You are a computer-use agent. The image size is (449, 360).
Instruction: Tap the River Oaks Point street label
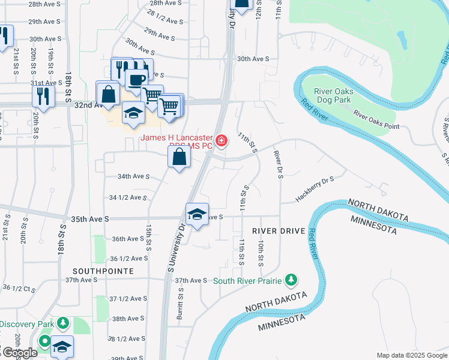coord(376,119)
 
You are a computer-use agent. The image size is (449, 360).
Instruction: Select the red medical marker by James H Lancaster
coord(221,141)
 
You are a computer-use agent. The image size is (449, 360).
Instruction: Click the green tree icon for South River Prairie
coord(291,280)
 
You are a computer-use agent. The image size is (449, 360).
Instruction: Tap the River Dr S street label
coord(278,164)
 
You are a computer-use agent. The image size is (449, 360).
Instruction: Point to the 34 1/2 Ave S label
coord(128,197)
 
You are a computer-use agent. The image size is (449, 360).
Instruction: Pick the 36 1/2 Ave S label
coord(129,259)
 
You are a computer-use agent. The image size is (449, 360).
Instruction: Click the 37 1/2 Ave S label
coord(128,299)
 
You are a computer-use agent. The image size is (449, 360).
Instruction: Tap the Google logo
coord(19,353)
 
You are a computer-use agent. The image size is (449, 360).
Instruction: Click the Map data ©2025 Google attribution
coord(411,355)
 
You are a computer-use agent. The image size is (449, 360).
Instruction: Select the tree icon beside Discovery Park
coord(63,325)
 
